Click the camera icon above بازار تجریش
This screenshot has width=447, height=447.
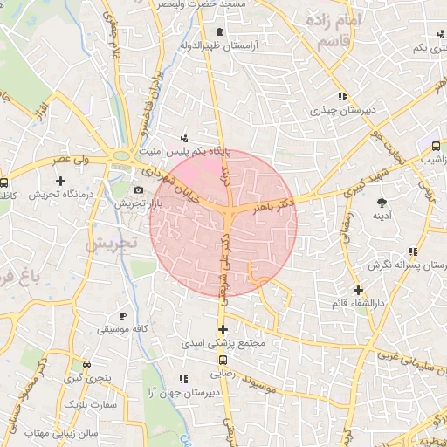point(138,190)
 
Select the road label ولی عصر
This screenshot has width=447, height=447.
point(71,161)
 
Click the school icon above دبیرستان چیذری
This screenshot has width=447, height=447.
point(341,97)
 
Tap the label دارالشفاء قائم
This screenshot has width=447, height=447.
point(357,303)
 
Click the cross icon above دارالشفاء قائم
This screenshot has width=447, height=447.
point(357,290)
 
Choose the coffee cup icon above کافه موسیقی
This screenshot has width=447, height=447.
point(122,315)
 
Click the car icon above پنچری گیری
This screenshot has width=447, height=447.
point(86,365)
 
